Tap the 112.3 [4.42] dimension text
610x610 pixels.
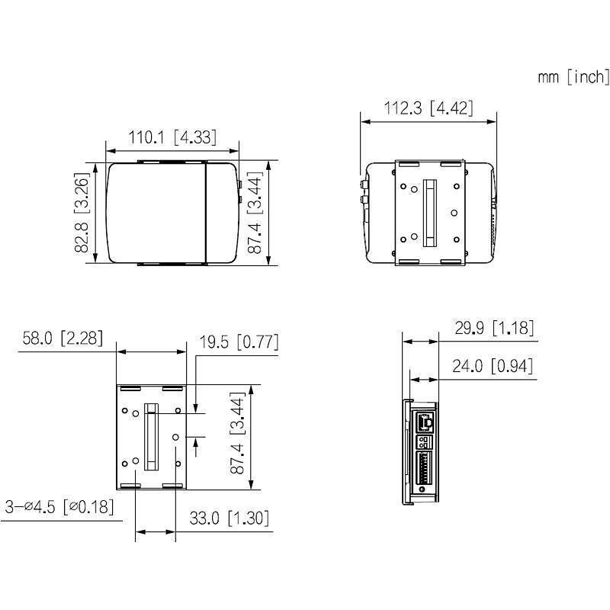tap(428, 108)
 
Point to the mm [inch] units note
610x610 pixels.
tap(573, 76)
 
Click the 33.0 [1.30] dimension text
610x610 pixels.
tap(230, 518)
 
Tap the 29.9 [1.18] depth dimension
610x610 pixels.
tap(493, 328)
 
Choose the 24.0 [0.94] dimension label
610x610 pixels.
tap(492, 366)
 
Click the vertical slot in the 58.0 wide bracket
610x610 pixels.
tap(151, 438)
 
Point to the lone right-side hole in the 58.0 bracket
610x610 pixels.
tap(175, 437)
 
